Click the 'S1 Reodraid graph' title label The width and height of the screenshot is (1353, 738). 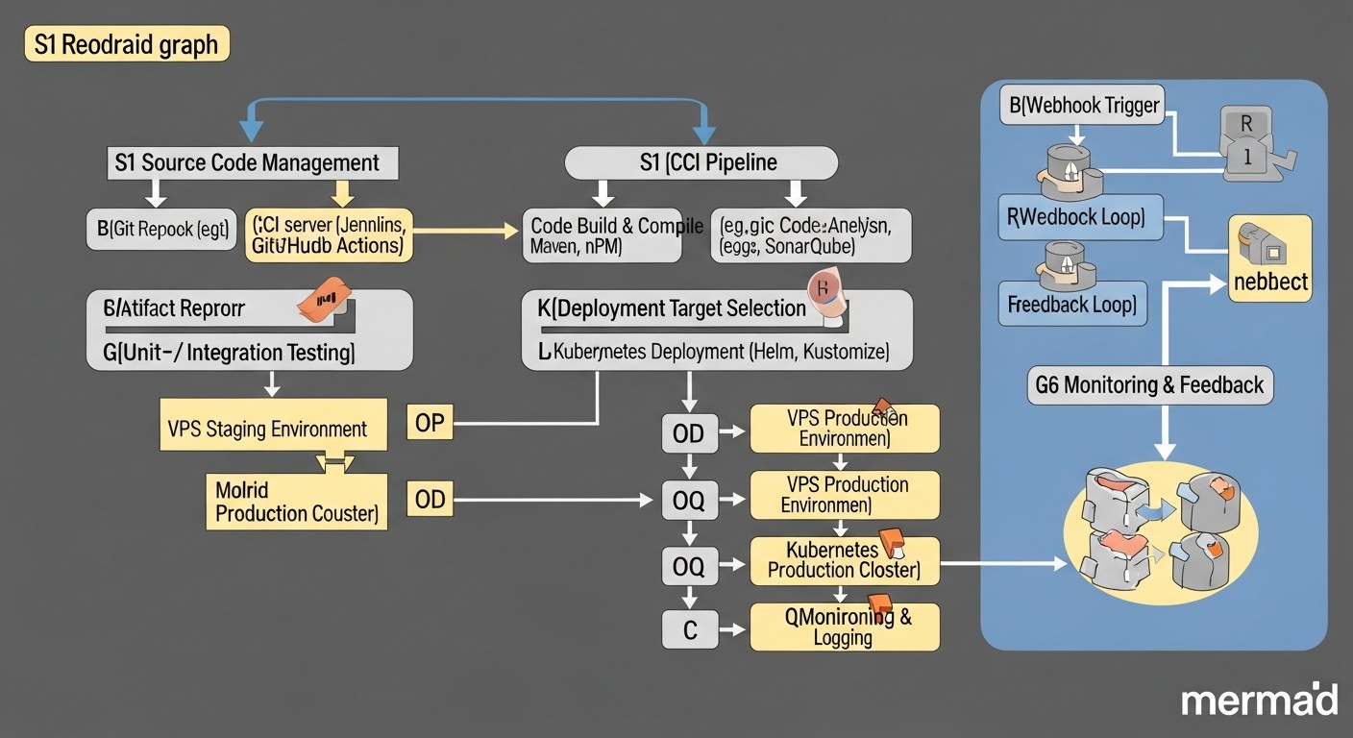click(127, 45)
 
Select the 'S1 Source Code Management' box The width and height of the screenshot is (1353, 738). click(251, 162)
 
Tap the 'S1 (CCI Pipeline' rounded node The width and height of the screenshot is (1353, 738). click(701, 162)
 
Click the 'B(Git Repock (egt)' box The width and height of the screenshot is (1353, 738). click(161, 231)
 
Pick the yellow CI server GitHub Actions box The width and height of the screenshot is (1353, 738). click(329, 235)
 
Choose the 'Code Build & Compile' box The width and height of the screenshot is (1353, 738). click(602, 235)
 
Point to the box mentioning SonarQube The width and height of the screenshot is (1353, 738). click(810, 235)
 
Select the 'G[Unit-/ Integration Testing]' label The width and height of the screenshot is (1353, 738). click(229, 353)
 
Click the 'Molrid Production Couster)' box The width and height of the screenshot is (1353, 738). click(296, 502)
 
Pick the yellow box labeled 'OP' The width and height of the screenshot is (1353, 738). click(430, 423)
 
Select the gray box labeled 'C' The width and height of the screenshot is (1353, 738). click(689, 630)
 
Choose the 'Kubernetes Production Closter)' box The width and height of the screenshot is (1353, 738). click(843, 559)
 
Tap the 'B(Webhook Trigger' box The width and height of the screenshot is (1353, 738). click(1081, 104)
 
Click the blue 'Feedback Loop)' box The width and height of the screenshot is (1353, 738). click(1072, 306)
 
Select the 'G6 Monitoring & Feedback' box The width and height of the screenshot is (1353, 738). click(1149, 385)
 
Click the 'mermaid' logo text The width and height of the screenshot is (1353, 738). click(1259, 701)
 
